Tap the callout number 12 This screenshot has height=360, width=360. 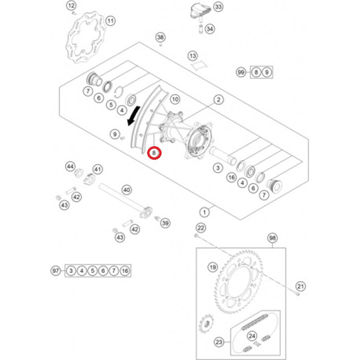click(x=72, y=6)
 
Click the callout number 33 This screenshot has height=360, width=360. click(x=218, y=7)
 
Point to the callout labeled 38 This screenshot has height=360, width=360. click(x=161, y=37)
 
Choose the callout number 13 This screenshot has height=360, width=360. click(x=193, y=56)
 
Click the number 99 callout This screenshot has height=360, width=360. click(x=241, y=72)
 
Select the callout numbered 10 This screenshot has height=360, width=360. click(x=175, y=99)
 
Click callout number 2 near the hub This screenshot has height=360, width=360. click(x=219, y=99)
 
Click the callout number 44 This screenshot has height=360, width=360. click(x=70, y=166)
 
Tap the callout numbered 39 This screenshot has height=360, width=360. click(x=165, y=223)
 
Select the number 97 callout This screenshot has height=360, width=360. click(x=55, y=271)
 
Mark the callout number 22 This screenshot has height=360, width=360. click(x=201, y=227)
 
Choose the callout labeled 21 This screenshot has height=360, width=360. click(x=301, y=286)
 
